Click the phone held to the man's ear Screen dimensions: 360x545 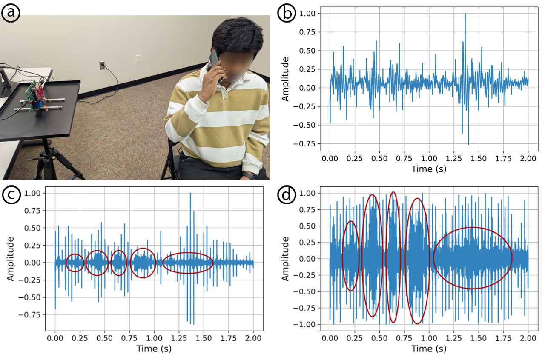click(x=214, y=62)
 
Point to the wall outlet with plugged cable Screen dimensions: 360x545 click(x=102, y=65)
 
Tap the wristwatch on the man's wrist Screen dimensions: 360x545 click(x=249, y=175)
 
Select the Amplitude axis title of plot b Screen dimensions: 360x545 click(x=286, y=79)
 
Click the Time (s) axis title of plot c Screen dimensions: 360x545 click(x=154, y=349)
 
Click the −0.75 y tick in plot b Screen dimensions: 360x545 click(x=307, y=143)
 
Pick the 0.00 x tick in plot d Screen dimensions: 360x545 click(x=330, y=338)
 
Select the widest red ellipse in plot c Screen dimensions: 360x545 click(x=188, y=263)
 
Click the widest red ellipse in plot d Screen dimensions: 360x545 click(x=473, y=258)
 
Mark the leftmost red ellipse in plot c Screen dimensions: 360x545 click(x=75, y=263)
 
